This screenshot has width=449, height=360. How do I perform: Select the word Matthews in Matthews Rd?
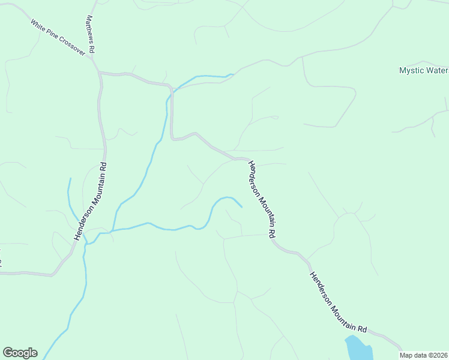click(x=90, y=28)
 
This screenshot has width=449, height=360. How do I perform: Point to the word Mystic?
click(x=411, y=70)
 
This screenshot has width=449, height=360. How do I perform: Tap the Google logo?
click(x=20, y=353)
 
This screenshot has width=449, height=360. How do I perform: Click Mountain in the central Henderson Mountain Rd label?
click(x=262, y=202)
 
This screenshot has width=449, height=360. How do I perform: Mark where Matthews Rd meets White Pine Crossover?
click(x=94, y=59)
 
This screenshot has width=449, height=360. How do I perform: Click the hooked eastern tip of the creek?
click(x=241, y=208)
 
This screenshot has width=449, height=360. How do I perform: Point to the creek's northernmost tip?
click(x=232, y=75)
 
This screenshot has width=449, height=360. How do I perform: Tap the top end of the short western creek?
click(x=70, y=178)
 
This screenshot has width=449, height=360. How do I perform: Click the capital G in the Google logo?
click(x=8, y=353)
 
